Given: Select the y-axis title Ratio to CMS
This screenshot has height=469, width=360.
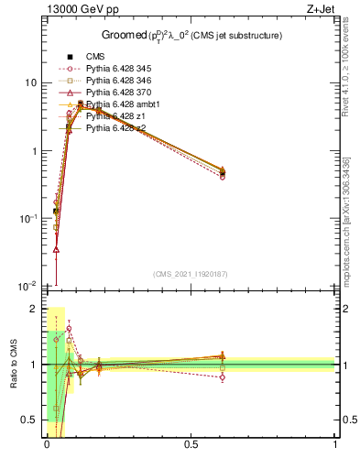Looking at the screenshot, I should pyautogui.click(x=14, y=364).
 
